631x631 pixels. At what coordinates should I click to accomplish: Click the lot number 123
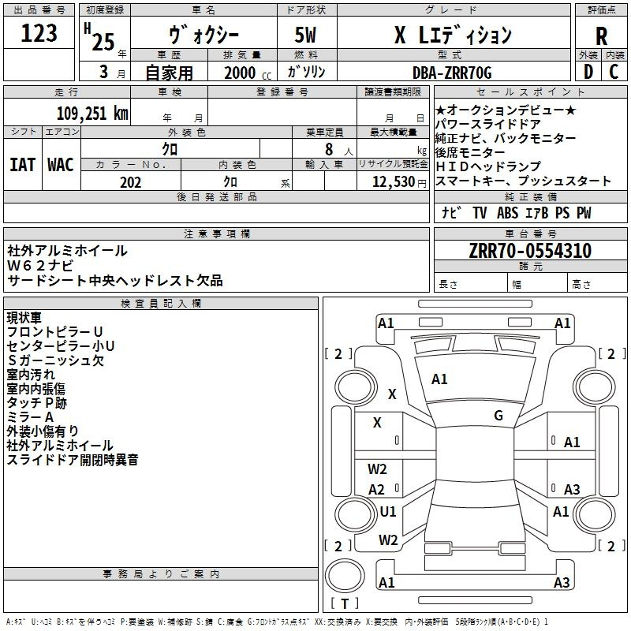pyautogui.click(x=40, y=34)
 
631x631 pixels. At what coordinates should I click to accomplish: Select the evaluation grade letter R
pyautogui.click(x=602, y=35)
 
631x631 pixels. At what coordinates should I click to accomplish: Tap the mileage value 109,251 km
pyautogui.click(x=92, y=113)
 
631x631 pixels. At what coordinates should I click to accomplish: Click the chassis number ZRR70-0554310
pyautogui.click(x=530, y=252)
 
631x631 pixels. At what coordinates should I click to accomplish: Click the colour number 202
pyautogui.click(x=130, y=182)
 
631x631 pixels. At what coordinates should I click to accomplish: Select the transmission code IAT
pyautogui.click(x=22, y=165)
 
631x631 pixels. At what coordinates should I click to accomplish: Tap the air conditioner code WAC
pyautogui.click(x=61, y=165)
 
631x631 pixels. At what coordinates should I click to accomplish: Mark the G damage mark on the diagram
pyautogui.click(x=498, y=416)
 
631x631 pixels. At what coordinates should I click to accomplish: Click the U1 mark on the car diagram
pyautogui.click(x=388, y=512)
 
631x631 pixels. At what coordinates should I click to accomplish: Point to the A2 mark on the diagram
pyautogui.click(x=377, y=490)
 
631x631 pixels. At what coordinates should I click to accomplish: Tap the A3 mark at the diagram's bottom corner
pyautogui.click(x=562, y=583)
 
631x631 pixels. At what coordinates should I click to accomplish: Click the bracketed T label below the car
pyautogui.click(x=344, y=604)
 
